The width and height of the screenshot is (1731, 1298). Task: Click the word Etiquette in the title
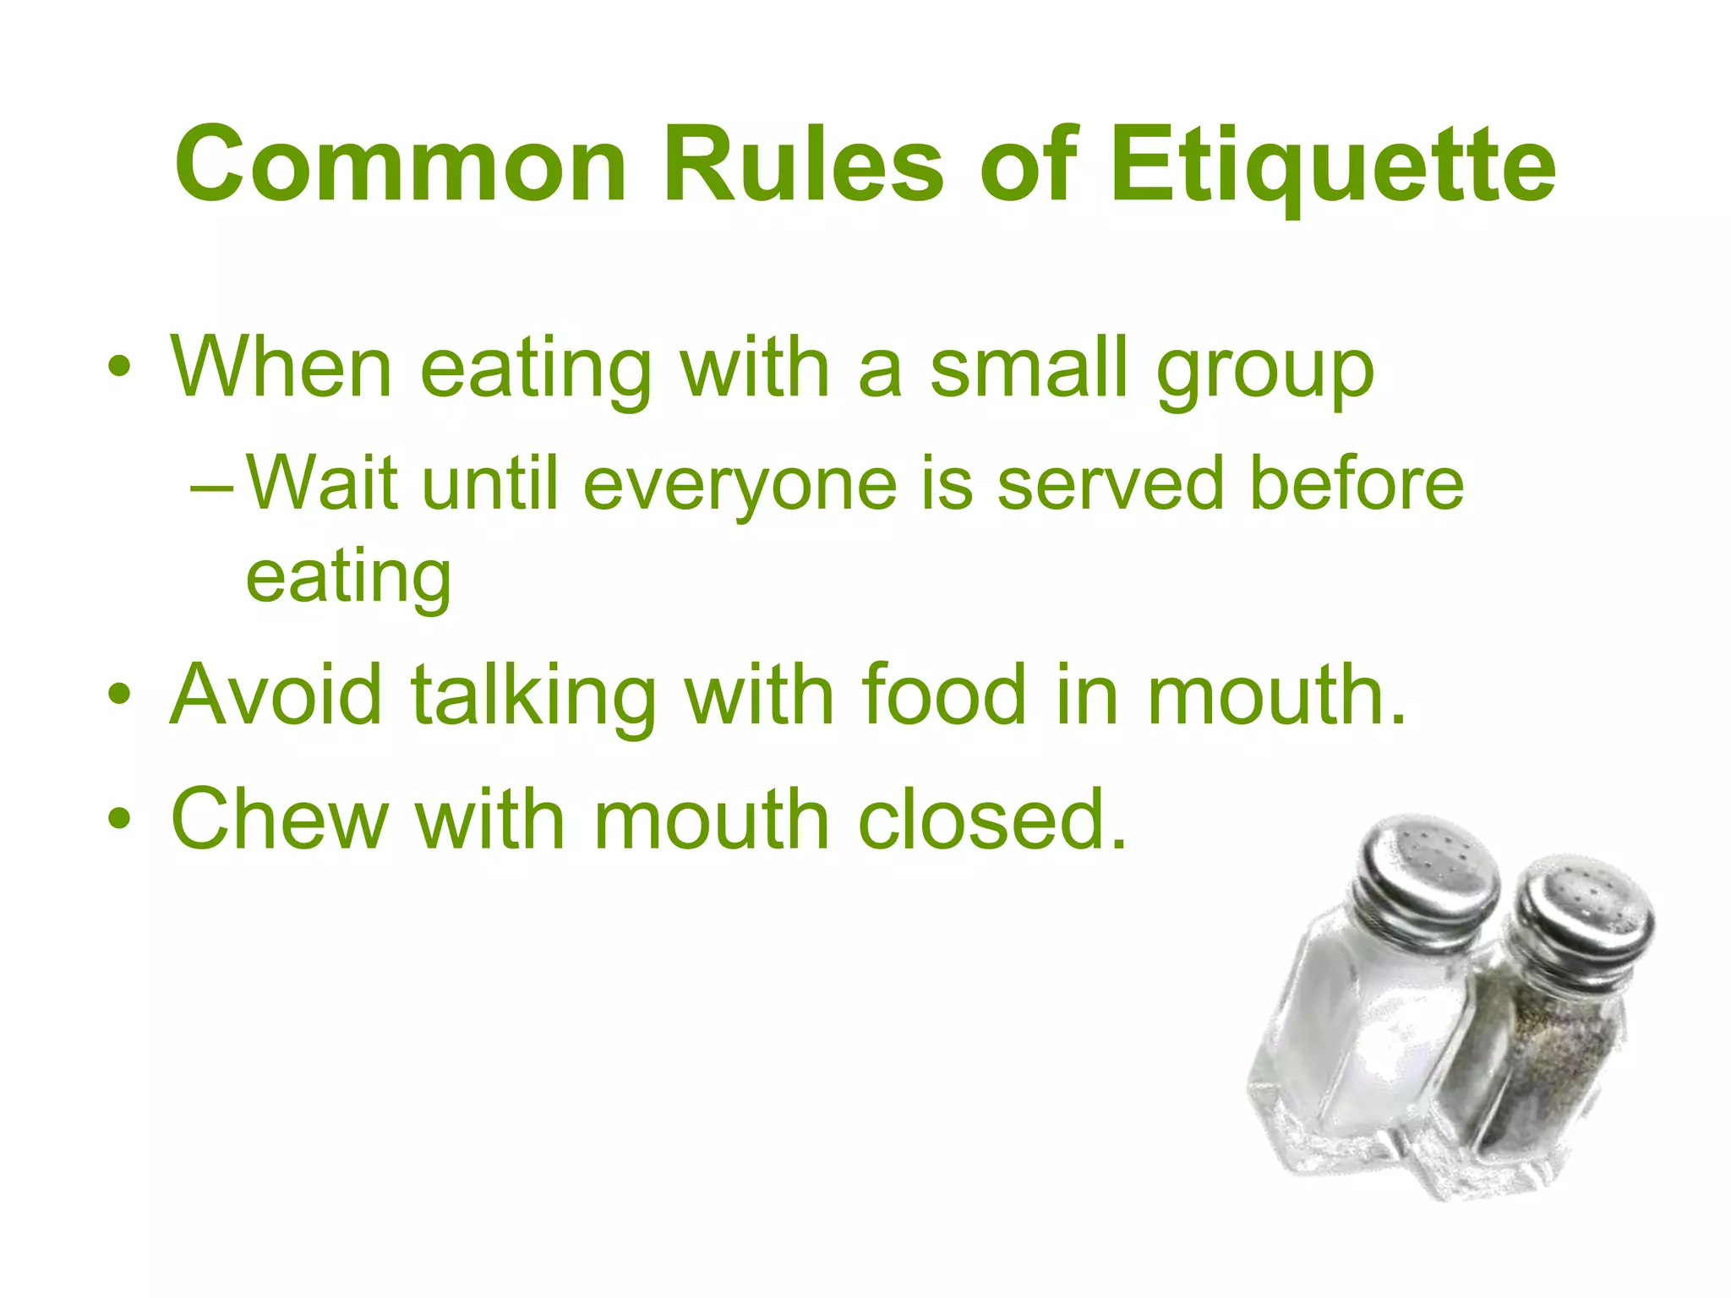click(x=1332, y=166)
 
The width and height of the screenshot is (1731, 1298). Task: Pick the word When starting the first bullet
click(x=281, y=368)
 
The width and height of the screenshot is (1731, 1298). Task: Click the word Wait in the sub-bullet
click(x=322, y=483)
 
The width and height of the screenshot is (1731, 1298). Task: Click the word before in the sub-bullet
click(x=1356, y=483)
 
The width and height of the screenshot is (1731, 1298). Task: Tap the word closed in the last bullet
click(x=992, y=819)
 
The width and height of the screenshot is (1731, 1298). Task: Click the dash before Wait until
click(x=210, y=488)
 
